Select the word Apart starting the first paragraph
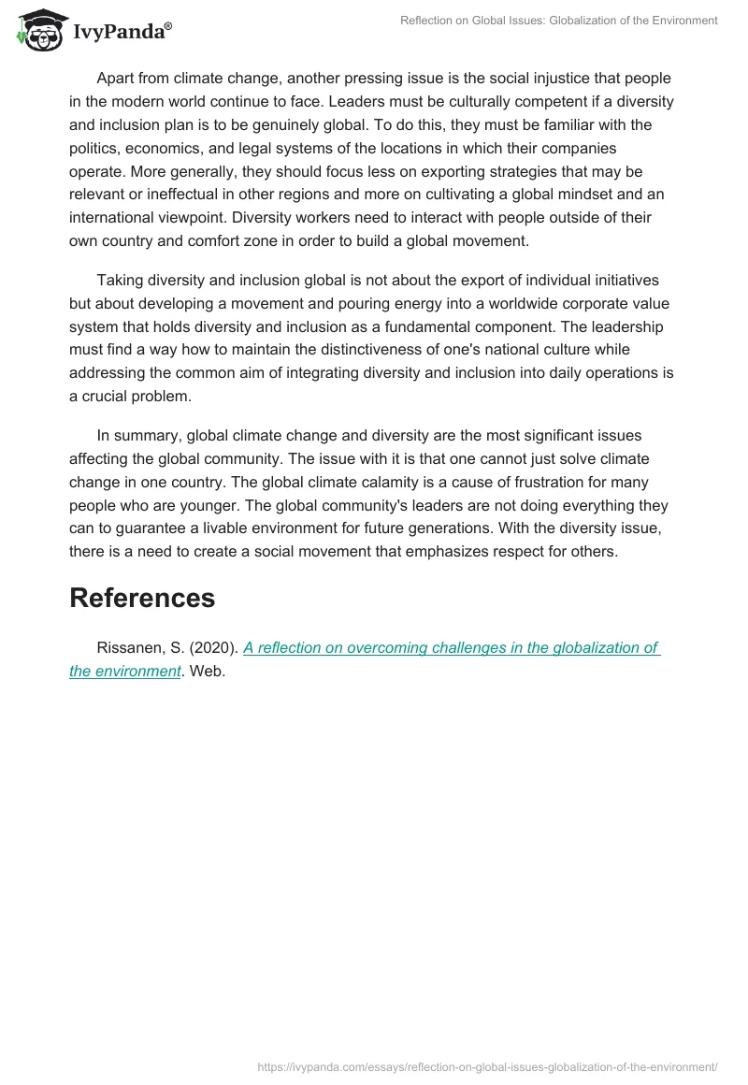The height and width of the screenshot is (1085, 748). (117, 79)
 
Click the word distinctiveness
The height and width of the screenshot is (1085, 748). (376, 350)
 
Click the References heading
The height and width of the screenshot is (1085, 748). (142, 598)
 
